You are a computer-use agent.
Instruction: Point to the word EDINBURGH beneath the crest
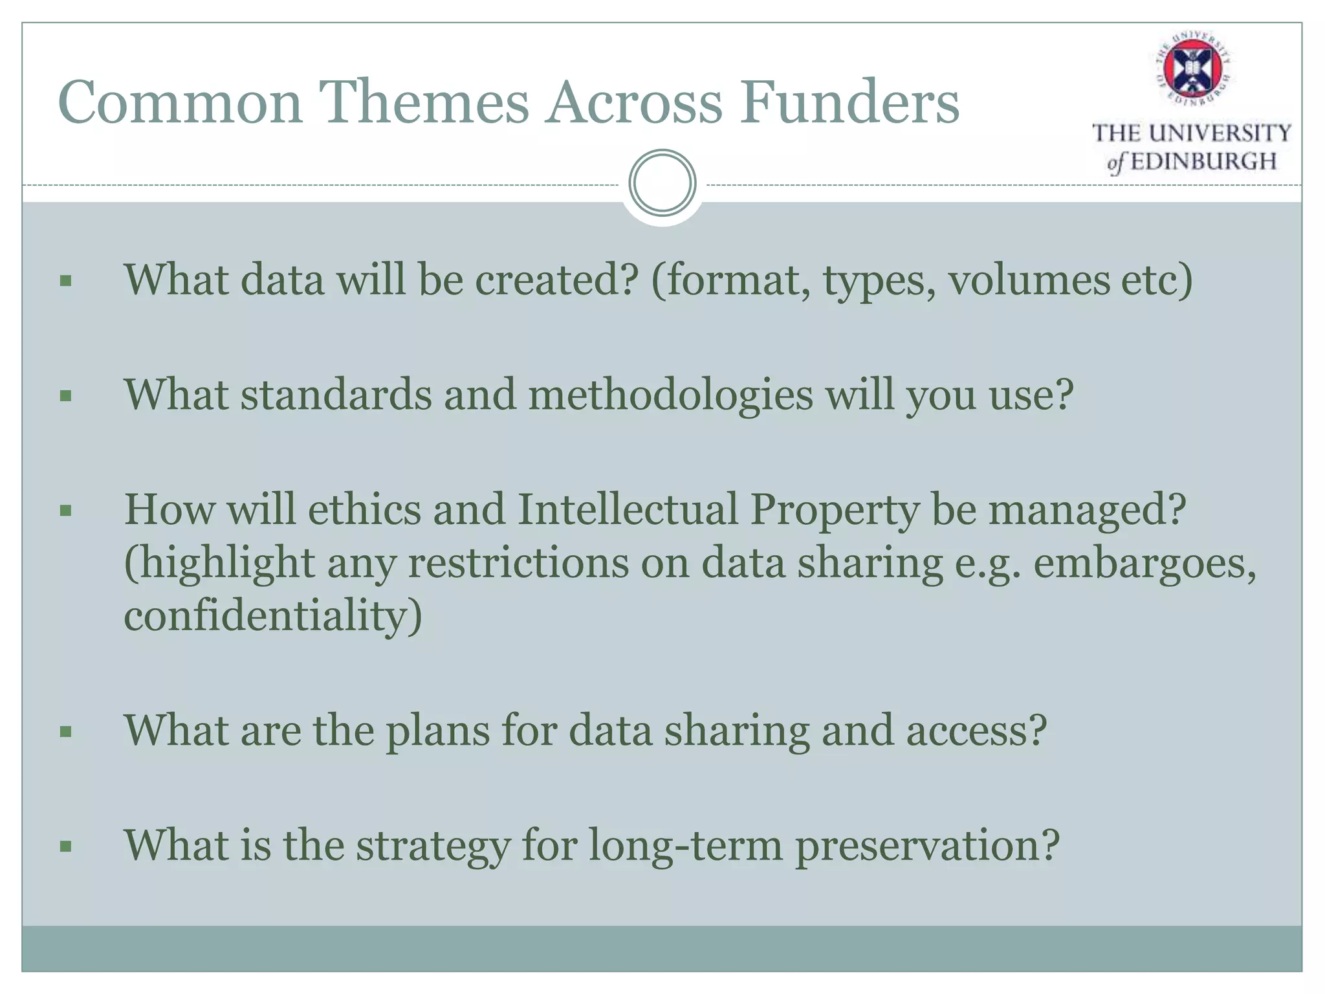pos(1203,161)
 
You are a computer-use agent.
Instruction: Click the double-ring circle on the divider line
pos(662,182)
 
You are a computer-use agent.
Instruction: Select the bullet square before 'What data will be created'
pos(65,281)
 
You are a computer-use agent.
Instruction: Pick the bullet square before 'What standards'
pos(65,395)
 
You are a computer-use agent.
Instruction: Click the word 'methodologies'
pos(670,395)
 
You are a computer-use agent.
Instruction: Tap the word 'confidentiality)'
pos(272,615)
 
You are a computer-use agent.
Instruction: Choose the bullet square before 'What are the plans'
pos(65,732)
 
